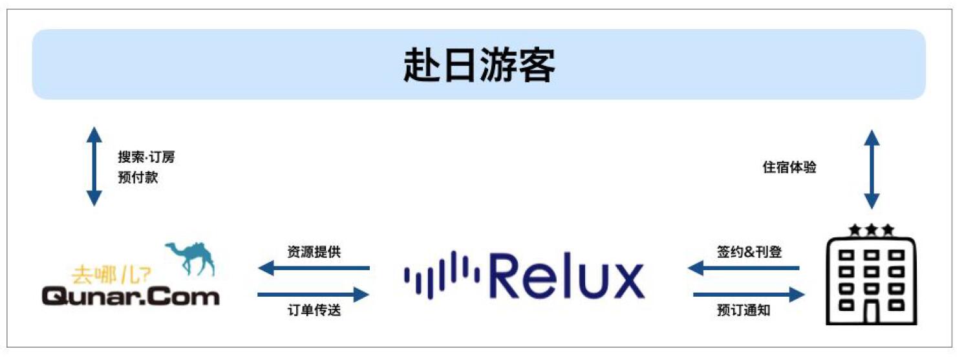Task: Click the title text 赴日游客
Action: [x=479, y=65]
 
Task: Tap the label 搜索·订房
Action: [x=146, y=157]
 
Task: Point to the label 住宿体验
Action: [x=789, y=167]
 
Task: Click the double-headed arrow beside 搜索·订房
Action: [x=94, y=167]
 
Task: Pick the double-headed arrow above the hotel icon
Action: [x=872, y=169]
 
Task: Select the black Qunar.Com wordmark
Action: [x=130, y=297]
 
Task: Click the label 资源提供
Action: [x=314, y=252]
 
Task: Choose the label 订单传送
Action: [x=314, y=311]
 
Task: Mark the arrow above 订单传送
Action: [x=314, y=295]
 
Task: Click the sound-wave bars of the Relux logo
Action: [x=441, y=275]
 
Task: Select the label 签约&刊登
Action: [x=749, y=252]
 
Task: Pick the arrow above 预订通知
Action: [x=749, y=295]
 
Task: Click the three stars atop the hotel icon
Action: [x=872, y=229]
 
